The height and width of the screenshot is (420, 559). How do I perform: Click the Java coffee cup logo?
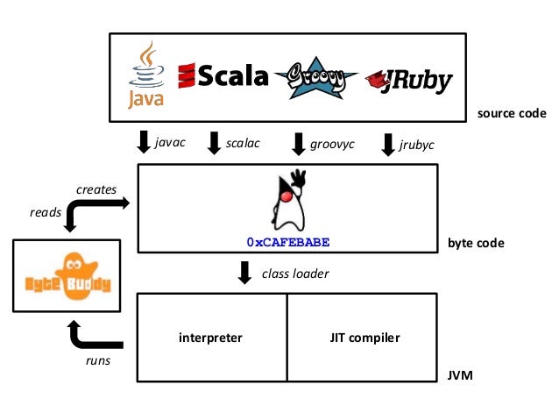[x=146, y=75]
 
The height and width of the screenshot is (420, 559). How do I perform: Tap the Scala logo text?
[x=223, y=77]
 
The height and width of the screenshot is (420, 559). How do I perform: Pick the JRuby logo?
[x=409, y=81]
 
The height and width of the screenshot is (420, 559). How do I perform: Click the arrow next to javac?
[x=144, y=141]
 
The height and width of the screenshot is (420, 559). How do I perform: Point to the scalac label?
[x=244, y=142]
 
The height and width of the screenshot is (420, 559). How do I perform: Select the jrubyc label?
[x=416, y=144]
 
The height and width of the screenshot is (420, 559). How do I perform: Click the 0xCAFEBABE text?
[x=289, y=240]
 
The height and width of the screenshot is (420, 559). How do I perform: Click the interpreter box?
[x=210, y=337]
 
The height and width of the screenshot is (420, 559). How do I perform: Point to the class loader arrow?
[x=245, y=274]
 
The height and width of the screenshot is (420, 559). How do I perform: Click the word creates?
[x=96, y=189]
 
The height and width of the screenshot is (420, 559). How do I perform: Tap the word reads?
[x=45, y=211]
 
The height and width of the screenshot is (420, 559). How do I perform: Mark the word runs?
[x=97, y=361]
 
